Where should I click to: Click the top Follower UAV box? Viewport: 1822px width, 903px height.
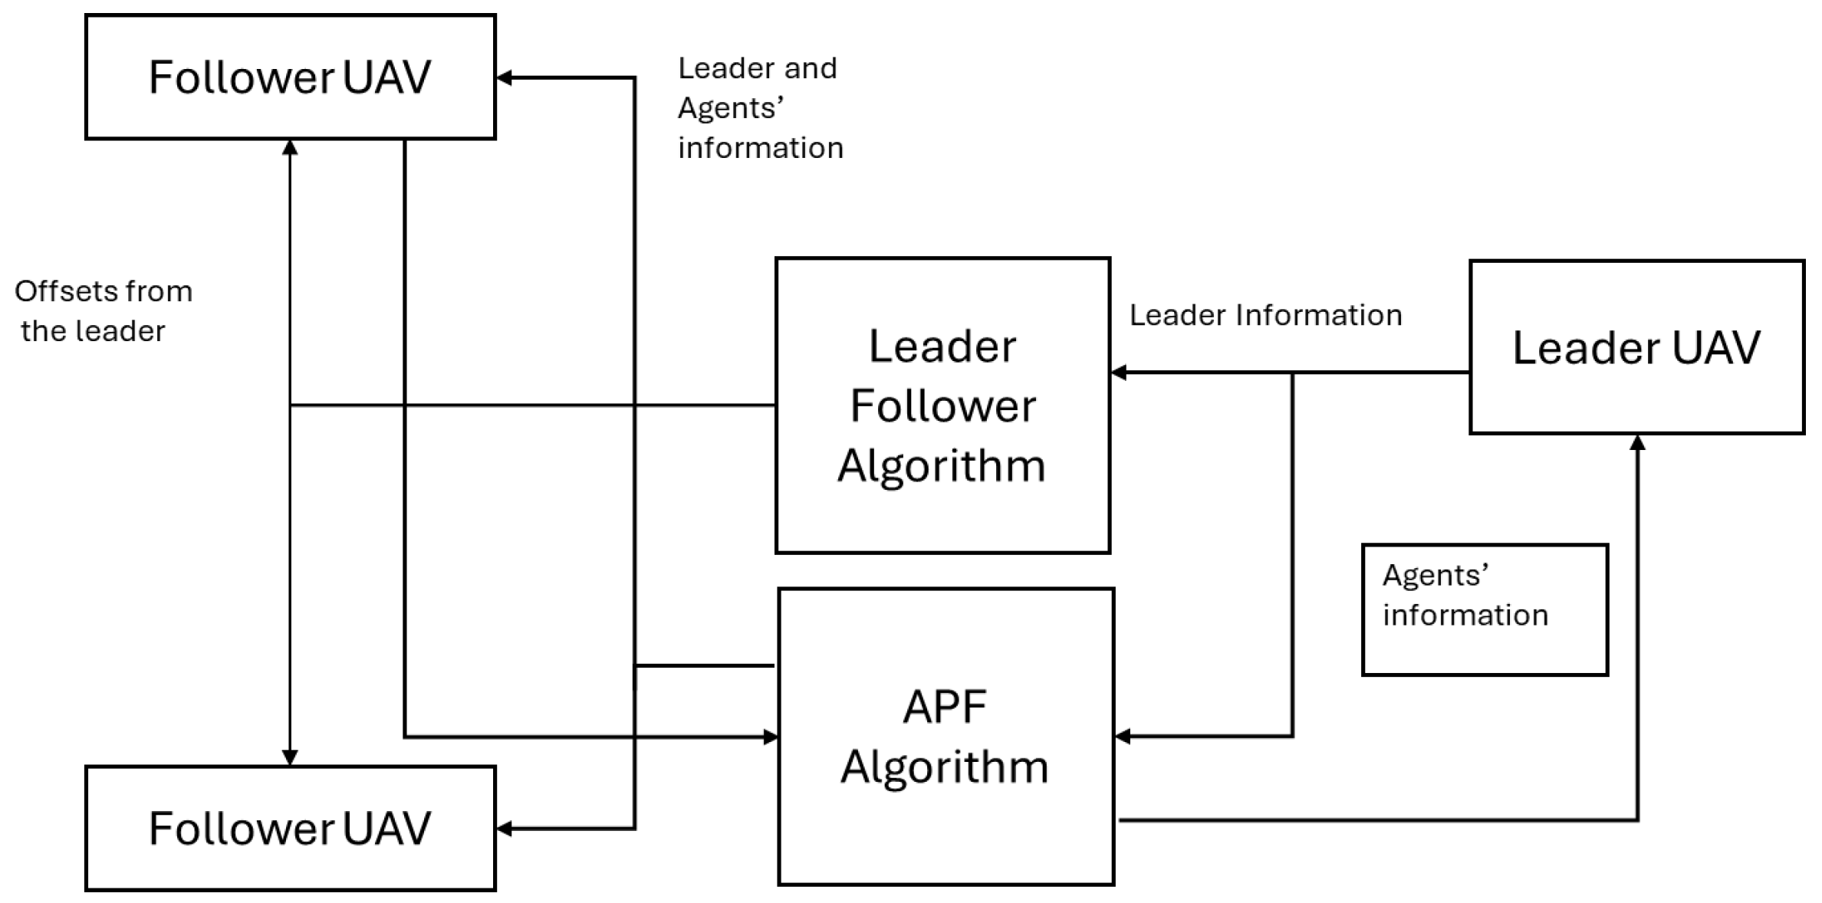290,77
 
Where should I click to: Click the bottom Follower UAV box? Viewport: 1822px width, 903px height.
290,828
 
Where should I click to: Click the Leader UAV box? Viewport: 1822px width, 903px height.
1636,347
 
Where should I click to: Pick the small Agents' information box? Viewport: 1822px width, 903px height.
1485,610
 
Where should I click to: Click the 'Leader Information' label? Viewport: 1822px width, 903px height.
1265,315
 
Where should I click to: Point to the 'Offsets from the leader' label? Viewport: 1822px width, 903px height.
103,311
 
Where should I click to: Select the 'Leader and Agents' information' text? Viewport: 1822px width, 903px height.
760,108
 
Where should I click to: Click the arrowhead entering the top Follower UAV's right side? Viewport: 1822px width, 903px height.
505,77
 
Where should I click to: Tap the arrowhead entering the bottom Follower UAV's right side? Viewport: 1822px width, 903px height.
505,829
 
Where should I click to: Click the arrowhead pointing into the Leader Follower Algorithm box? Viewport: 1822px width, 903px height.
1119,373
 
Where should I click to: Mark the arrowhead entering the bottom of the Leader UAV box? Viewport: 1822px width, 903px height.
1637,442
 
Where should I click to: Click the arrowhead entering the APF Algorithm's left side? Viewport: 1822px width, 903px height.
771,737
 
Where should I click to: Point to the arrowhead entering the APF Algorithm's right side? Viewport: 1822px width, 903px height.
1123,737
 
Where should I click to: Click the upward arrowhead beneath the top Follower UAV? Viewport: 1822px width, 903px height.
290,148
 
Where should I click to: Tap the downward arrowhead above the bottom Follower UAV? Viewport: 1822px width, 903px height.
290,757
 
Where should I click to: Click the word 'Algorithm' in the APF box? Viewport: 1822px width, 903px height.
945,767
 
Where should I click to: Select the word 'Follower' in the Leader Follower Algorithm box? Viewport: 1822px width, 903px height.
942,406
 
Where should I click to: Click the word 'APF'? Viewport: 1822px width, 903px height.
945,706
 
